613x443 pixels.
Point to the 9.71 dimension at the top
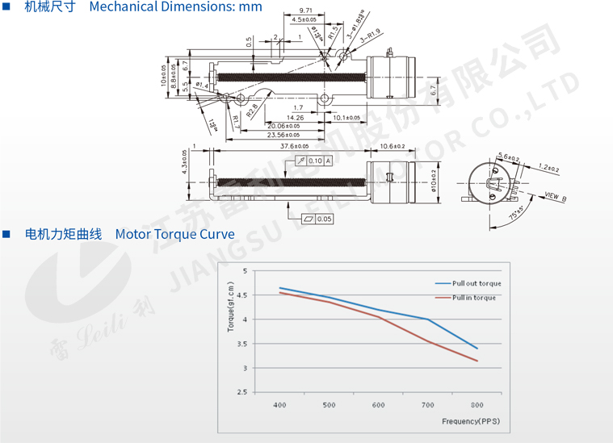point(306,10)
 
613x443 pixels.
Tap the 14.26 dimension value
point(296,118)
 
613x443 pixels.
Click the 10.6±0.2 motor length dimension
point(392,146)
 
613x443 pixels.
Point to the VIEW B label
point(556,196)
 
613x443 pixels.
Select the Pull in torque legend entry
point(474,298)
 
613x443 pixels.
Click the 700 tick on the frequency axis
point(427,404)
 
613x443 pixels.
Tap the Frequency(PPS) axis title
point(472,421)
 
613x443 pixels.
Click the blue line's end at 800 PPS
point(477,349)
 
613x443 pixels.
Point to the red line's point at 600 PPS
point(379,317)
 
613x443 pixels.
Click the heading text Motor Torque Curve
point(174,235)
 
